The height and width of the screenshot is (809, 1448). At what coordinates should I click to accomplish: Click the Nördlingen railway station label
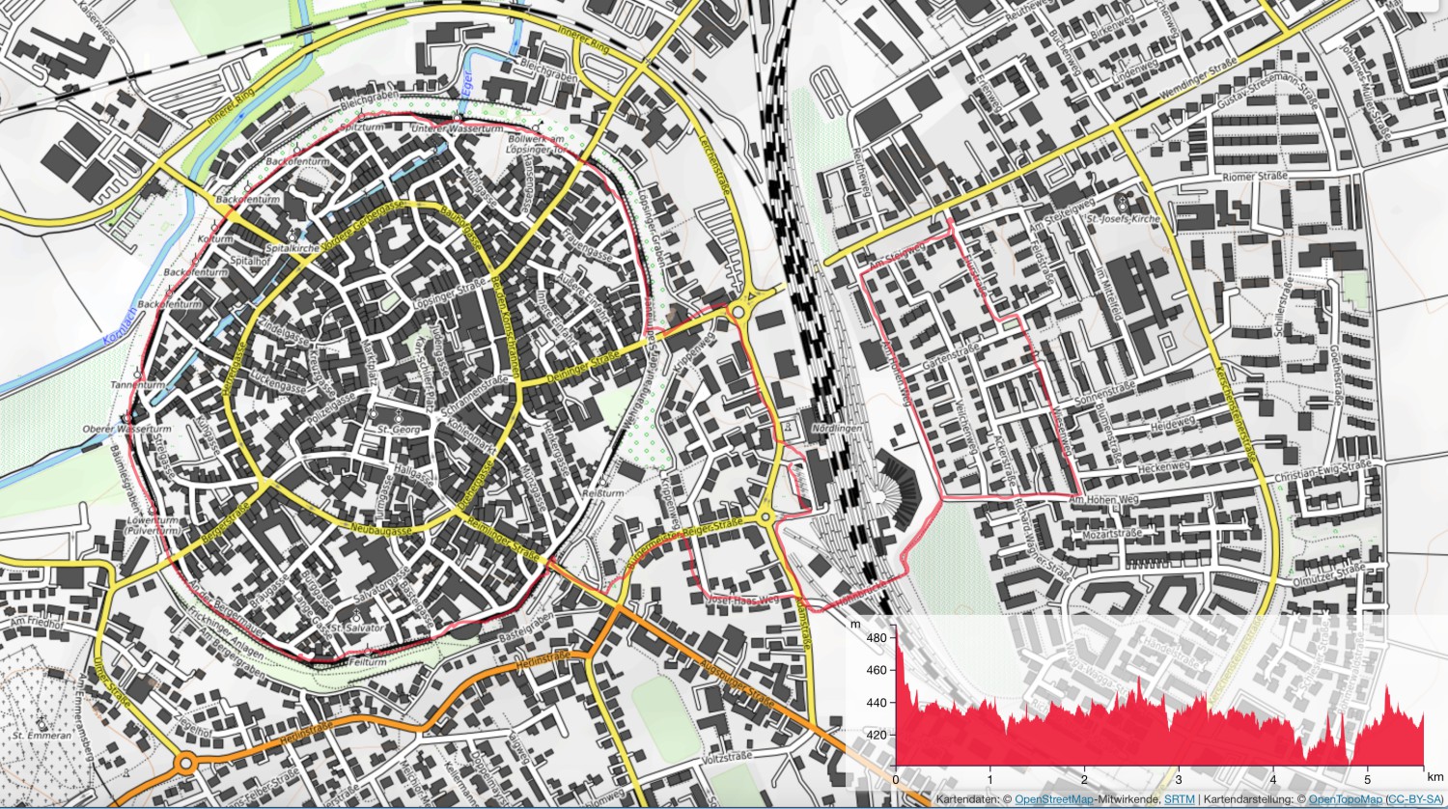[836, 428]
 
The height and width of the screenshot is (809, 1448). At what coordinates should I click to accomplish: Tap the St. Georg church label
[397, 429]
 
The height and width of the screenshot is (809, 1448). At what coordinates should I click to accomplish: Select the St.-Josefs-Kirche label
[1123, 219]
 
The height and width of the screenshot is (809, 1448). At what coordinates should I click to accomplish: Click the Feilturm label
[367, 662]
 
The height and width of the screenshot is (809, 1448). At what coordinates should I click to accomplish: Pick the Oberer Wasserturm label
[140, 429]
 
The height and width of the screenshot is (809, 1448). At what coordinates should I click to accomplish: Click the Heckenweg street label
[1162, 467]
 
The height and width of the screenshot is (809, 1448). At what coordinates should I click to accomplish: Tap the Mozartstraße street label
[1111, 533]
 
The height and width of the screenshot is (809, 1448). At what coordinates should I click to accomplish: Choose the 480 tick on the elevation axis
[876, 638]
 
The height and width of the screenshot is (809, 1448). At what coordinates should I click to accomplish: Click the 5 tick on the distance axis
[1367, 779]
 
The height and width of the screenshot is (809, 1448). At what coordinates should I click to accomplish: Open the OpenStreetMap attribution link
[1053, 799]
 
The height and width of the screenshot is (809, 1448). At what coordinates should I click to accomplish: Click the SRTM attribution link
[1179, 799]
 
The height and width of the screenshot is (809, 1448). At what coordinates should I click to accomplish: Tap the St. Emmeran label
[42, 735]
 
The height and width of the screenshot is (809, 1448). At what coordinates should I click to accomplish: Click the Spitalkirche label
[292, 248]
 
